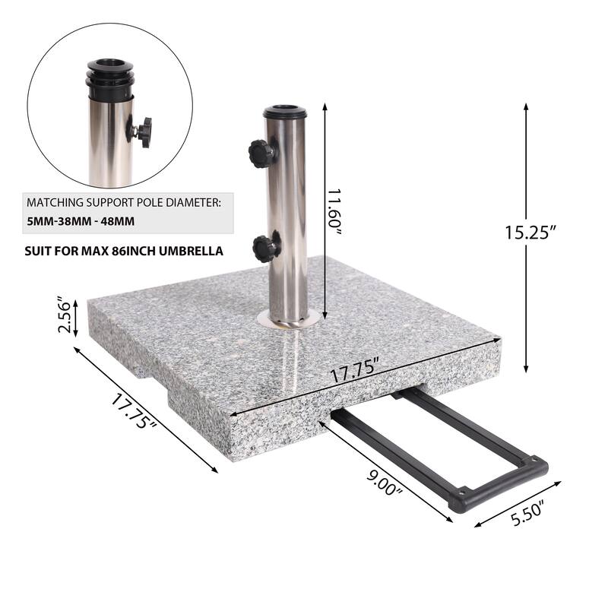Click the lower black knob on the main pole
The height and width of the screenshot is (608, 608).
pyautogui.click(x=266, y=248)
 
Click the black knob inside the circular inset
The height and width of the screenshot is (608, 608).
pyautogui.click(x=143, y=131)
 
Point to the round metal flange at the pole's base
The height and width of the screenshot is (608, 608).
pyautogui.click(x=286, y=320)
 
